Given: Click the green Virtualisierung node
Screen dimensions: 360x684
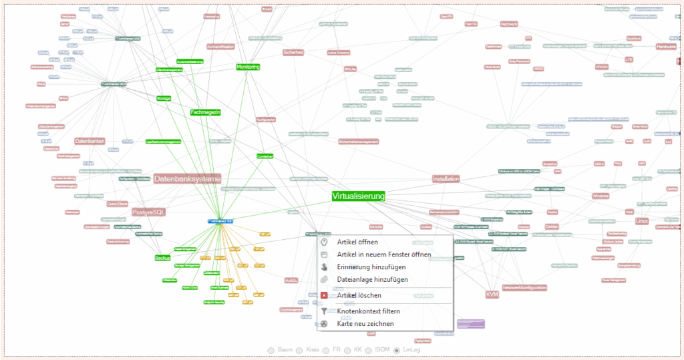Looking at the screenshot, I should point(359,196).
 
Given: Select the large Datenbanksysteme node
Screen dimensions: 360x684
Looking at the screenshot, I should point(186,179).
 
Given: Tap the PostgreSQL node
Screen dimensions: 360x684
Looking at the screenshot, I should point(148,212).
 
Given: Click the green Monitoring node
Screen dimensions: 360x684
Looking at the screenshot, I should point(248,67).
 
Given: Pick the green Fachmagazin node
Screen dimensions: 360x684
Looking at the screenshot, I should point(205,112).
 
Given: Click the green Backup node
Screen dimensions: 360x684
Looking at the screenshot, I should point(162,258).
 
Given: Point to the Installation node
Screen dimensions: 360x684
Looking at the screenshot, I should point(446,179).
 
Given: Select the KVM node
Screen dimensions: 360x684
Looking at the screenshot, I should point(492,295).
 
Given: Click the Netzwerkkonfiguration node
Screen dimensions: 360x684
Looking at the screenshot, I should point(525,288).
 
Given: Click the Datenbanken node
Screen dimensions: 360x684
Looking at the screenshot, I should point(90,142).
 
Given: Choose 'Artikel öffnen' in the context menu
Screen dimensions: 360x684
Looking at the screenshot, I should point(357,242).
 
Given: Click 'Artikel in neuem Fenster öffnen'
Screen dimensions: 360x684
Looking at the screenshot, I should point(383,254).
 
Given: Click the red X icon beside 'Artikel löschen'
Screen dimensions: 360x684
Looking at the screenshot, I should point(324,295).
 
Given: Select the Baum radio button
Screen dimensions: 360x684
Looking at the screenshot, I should point(271,349).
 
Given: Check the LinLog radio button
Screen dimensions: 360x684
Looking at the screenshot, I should point(397,349).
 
